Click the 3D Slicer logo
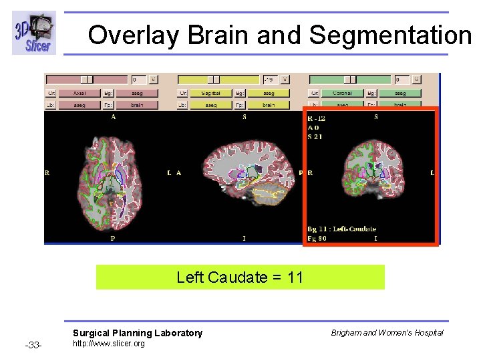point(33,33)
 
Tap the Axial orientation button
point(78,93)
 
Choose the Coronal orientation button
point(341,93)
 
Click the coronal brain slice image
point(371,170)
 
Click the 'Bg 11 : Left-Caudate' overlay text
point(342,229)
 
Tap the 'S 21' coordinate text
point(315,136)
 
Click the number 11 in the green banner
point(295,277)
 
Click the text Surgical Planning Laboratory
point(137,333)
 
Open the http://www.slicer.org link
point(108,344)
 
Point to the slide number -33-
point(33,345)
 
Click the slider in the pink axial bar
point(87,80)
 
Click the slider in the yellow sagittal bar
point(219,80)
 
